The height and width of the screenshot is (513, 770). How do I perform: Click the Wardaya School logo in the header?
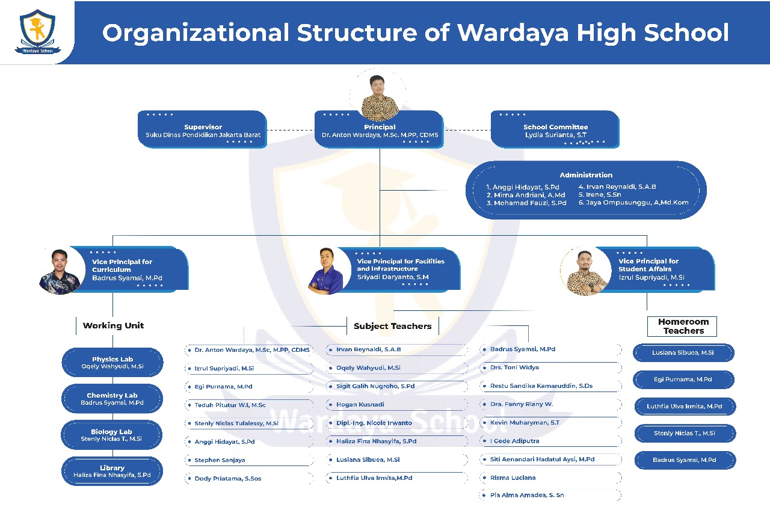(x=37, y=31)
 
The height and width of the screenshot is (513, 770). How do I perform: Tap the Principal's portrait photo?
(x=379, y=96)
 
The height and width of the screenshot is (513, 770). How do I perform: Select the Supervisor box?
(x=203, y=130)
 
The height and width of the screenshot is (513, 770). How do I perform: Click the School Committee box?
(x=555, y=130)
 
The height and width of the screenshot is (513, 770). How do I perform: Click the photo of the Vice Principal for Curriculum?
(x=60, y=271)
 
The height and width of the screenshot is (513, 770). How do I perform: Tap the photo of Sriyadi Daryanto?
(x=325, y=271)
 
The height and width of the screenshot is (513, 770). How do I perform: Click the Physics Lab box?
(x=112, y=363)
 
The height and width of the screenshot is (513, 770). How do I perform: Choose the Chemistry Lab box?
(x=112, y=399)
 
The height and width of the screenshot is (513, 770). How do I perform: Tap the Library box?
(x=112, y=472)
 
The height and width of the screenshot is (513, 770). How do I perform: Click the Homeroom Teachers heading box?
(x=683, y=327)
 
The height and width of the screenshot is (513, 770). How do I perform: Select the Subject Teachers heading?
(x=392, y=326)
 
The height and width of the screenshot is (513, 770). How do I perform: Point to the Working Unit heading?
(x=113, y=325)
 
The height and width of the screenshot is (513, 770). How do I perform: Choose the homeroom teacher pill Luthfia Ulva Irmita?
(x=684, y=407)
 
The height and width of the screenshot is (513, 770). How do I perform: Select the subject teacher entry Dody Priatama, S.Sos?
(x=227, y=479)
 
